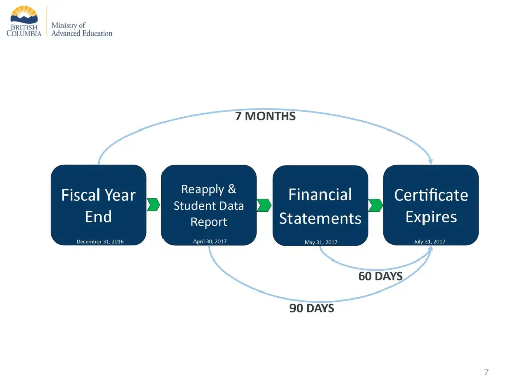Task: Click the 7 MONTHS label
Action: [265, 116]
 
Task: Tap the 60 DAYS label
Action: [380, 276]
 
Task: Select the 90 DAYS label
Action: [312, 308]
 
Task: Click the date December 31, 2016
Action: [100, 242]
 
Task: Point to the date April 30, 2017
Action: [210, 241]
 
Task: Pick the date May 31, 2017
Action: [321, 242]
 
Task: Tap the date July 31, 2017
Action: [430, 241]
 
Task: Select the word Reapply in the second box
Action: [202, 189]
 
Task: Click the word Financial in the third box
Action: [320, 194]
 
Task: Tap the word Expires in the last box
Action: [431, 217]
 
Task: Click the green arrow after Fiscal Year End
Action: [153, 205]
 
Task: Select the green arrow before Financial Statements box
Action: [264, 205]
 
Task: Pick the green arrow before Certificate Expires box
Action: [375, 205]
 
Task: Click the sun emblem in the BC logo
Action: [24, 14]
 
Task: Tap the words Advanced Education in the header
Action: [82, 34]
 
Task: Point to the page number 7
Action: [486, 372]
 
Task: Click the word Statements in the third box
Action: [320, 219]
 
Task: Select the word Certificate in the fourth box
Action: [431, 194]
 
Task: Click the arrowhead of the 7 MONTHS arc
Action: [431, 161]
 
